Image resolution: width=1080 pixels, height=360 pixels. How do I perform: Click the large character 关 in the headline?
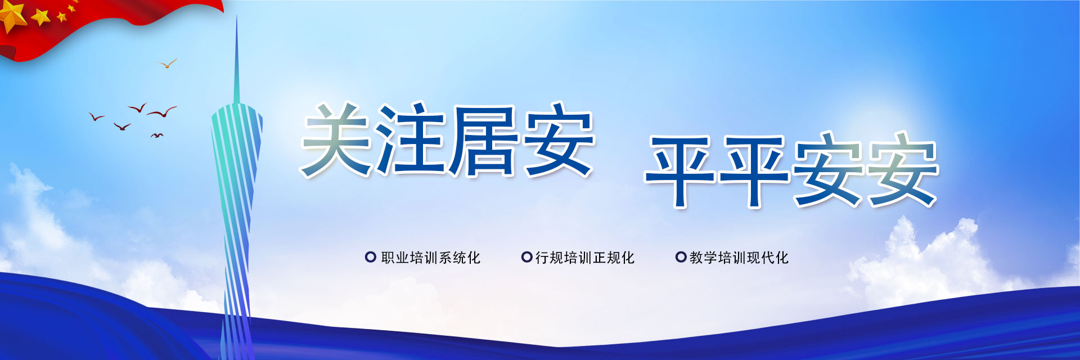click(336, 139)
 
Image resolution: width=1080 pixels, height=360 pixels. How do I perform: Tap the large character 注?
click(412, 139)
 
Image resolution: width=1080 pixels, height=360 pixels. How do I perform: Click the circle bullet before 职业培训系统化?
click(370, 257)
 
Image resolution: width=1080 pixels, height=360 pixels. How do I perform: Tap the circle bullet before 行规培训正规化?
click(526, 257)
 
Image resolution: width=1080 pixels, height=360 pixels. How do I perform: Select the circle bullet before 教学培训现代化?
click(681, 257)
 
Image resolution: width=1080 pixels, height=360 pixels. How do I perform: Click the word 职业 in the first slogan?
click(395, 258)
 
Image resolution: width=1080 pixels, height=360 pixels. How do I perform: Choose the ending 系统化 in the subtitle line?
click(460, 258)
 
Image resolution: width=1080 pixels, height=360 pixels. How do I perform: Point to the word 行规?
click(550, 258)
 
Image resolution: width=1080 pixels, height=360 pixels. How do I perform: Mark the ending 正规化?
click(614, 258)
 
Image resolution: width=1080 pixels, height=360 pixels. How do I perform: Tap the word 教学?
click(704, 258)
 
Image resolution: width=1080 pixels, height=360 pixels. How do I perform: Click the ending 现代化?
click(768, 258)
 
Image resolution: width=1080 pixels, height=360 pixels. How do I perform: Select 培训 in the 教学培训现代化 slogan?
click(732, 258)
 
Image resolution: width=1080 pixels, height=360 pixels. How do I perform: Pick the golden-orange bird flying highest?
click(167, 63)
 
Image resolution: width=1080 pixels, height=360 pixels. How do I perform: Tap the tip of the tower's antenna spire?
click(236, 16)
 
